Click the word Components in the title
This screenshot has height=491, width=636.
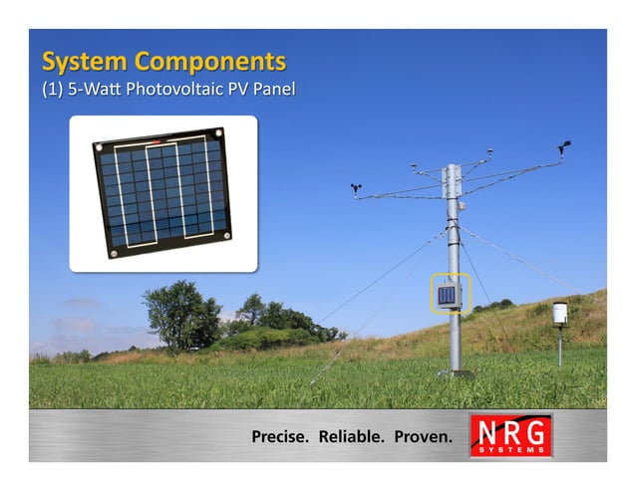click(x=209, y=62)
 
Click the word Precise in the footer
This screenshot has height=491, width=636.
click(x=281, y=436)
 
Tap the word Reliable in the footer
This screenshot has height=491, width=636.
click(x=351, y=436)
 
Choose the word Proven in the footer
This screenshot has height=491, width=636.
click(x=423, y=436)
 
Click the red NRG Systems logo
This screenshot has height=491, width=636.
click(x=510, y=435)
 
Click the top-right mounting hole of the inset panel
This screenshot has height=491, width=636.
click(x=217, y=133)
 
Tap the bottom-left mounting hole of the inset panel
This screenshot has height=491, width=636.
click(x=113, y=252)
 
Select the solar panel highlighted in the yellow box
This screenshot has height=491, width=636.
click(x=448, y=294)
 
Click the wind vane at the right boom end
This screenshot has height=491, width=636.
click(x=563, y=146)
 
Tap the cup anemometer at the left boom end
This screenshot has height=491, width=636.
click(x=356, y=186)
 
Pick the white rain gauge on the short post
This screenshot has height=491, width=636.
click(x=559, y=313)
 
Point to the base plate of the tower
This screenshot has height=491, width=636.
click(x=455, y=373)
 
